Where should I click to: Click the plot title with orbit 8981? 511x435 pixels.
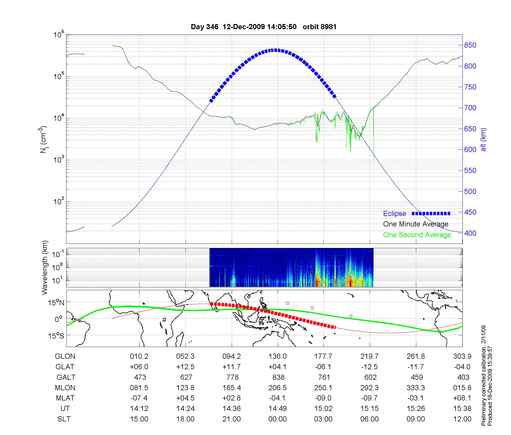(x=263, y=27)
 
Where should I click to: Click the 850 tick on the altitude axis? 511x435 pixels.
(x=470, y=45)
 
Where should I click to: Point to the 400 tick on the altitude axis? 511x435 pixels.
(x=470, y=233)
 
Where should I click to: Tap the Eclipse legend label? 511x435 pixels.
(x=394, y=214)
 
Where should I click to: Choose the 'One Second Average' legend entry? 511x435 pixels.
(x=417, y=235)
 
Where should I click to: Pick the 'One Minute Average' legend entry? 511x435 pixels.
(x=416, y=224)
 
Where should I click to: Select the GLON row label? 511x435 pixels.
(x=65, y=356)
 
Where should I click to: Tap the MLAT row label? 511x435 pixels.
(x=65, y=398)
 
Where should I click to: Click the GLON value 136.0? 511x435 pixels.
(x=277, y=356)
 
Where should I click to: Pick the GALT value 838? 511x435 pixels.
(x=278, y=377)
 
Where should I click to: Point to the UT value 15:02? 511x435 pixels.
(x=323, y=409)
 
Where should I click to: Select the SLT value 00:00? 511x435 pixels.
(x=277, y=419)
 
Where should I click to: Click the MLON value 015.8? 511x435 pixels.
(x=462, y=388)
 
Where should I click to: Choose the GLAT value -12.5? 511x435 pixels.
(x=369, y=367)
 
